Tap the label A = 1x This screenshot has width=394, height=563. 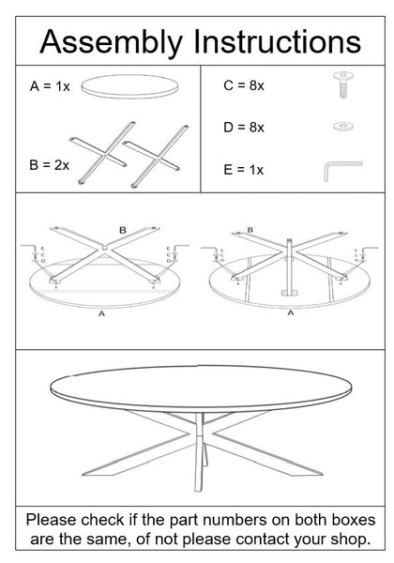coord(50,85)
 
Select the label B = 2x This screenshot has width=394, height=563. coord(50,164)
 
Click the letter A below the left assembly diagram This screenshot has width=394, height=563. coord(101,314)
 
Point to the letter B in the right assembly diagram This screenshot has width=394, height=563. coord(249,228)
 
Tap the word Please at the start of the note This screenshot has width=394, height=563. coord(53,519)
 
